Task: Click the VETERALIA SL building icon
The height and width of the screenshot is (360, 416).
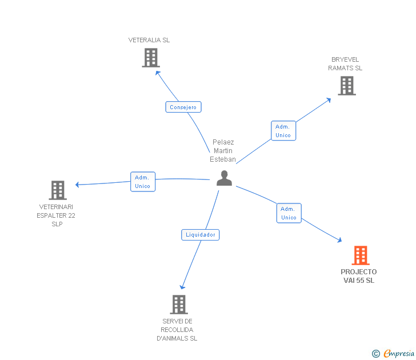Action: [150, 58]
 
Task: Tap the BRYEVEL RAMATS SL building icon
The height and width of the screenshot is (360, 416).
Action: [346, 86]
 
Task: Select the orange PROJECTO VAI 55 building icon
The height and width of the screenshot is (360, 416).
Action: [360, 255]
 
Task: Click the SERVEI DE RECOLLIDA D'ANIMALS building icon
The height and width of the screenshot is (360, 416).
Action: [179, 305]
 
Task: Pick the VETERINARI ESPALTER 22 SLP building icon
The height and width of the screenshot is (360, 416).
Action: [57, 190]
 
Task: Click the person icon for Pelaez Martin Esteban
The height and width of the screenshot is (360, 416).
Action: [224, 178]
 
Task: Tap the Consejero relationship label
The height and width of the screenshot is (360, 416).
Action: [183, 107]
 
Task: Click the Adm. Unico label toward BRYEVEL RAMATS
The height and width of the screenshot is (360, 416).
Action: [283, 131]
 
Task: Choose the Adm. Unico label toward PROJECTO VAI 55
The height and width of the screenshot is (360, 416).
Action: [289, 213]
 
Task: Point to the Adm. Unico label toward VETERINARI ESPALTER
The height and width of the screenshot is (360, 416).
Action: [142, 182]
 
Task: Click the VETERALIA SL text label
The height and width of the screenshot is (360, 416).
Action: [149, 40]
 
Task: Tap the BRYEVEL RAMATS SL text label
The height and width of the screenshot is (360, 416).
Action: [345, 64]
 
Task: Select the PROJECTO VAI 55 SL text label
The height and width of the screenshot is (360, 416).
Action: [359, 276]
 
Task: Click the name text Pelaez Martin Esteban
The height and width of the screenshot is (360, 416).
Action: [223, 151]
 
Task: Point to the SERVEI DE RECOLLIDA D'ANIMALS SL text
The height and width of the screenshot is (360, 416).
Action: [177, 330]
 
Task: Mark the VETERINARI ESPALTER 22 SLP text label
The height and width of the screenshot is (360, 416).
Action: [57, 215]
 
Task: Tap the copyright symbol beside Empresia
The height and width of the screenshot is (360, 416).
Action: [375, 354]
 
